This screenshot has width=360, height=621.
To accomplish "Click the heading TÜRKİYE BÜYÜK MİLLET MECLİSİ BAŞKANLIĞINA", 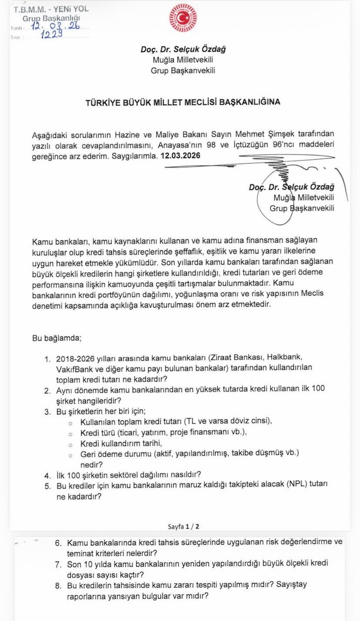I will point(183,102).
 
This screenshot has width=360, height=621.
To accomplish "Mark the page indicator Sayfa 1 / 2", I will point(184,526).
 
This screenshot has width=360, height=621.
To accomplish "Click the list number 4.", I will point(48,474).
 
